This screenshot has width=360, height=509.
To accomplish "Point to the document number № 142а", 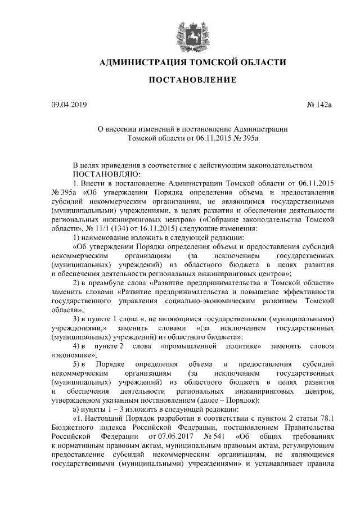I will point(319,105).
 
